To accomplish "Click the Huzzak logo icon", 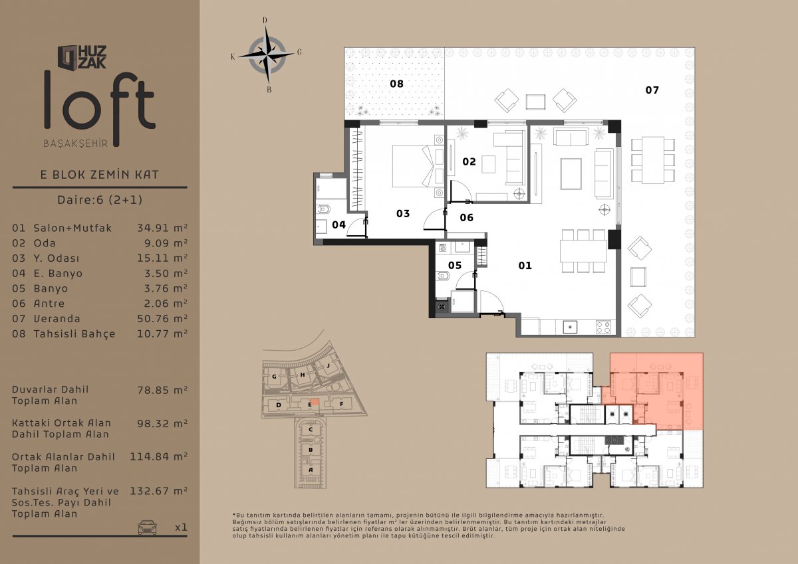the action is [x=68, y=58].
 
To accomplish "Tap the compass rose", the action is [x=267, y=55].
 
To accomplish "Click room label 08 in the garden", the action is [x=396, y=84].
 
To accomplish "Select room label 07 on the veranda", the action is [x=652, y=90].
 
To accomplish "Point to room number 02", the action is [x=469, y=162].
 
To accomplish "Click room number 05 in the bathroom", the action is [x=455, y=266].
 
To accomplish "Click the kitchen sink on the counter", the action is [x=570, y=327].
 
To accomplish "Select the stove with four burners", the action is [x=604, y=327].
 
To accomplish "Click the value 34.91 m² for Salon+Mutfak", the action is [x=162, y=228].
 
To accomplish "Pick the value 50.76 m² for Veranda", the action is [x=162, y=319].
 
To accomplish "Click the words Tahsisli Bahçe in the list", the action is [x=74, y=334].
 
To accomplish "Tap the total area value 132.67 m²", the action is [x=158, y=491].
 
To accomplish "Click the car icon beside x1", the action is [x=147, y=527].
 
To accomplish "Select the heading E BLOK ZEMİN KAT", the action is [x=99, y=175].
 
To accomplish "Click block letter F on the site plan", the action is [x=341, y=404].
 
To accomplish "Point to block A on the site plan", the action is [x=311, y=470].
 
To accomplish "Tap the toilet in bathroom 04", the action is [x=323, y=209].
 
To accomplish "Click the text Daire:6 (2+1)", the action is [x=100, y=200].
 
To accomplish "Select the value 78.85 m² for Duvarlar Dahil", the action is [x=162, y=391].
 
